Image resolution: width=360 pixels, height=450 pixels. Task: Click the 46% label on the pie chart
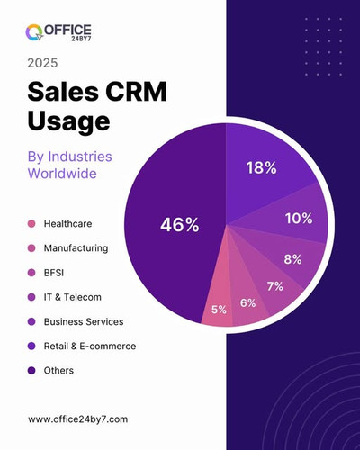(179, 225)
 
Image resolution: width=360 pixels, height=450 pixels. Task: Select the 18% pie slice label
(260, 167)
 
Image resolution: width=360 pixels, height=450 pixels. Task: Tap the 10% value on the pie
(298, 218)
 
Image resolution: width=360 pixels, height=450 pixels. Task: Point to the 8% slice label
(292, 259)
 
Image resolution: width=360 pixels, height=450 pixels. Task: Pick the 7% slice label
(274, 286)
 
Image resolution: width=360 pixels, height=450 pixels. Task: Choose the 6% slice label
(247, 302)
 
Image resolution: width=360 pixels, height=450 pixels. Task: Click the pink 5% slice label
(219, 310)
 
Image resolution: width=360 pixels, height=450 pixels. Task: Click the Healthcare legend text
(67, 223)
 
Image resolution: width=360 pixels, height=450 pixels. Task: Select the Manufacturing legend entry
(76, 247)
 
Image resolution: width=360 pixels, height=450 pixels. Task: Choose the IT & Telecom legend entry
(72, 296)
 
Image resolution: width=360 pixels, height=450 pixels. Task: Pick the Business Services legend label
(83, 320)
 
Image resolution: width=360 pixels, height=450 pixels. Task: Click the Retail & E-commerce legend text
(89, 345)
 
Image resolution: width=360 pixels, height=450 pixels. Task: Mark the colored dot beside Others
(31, 370)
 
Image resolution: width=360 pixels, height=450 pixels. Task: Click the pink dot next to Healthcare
(31, 223)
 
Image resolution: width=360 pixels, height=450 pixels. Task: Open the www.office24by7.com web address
(77, 418)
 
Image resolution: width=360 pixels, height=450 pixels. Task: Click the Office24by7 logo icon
(35, 33)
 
